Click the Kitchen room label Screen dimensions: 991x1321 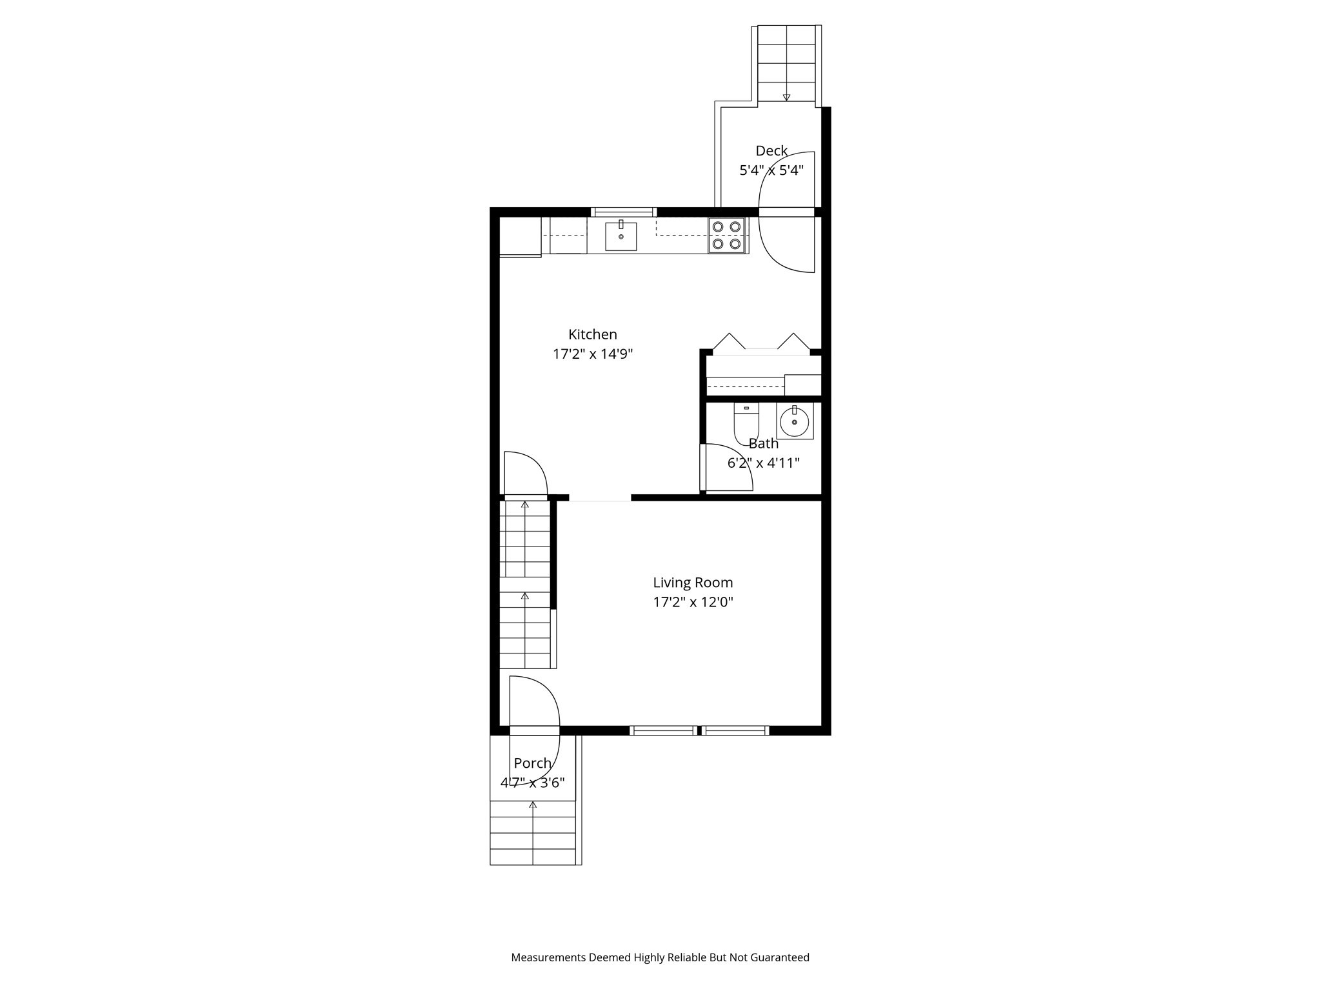tap(592, 334)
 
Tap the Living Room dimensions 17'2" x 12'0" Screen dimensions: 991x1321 tap(693, 603)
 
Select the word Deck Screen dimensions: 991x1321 tap(771, 151)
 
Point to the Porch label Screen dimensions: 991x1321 tap(532, 763)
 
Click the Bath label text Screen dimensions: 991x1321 tap(763, 444)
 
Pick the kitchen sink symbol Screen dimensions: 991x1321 tap(621, 236)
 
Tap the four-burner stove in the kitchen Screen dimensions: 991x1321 tap(726, 235)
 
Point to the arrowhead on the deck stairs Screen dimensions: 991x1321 tap(786, 98)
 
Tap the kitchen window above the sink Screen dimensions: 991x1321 tap(624, 212)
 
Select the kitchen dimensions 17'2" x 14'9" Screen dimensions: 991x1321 tap(593, 354)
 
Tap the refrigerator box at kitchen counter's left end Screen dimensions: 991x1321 tap(520, 237)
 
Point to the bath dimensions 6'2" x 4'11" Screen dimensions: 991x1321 tap(763, 463)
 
